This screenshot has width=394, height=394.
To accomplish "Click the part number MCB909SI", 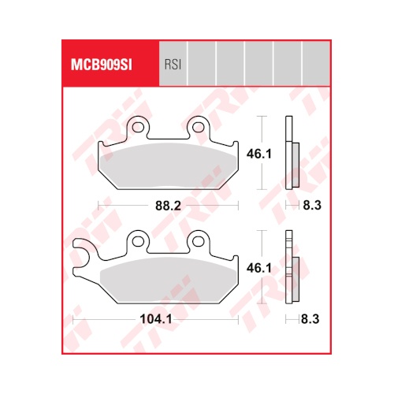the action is click(102, 65).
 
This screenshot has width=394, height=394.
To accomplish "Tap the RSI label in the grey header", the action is click(173, 65).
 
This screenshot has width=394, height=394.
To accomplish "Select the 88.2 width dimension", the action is click(168, 206).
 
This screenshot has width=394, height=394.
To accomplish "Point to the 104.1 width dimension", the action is click(156, 319).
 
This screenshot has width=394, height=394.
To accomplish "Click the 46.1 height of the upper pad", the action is click(259, 154).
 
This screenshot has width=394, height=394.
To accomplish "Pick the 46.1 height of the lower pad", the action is click(259, 268).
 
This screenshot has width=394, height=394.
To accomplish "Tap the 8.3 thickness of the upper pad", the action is click(312, 206).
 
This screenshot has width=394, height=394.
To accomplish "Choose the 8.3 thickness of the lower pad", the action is click(310, 319).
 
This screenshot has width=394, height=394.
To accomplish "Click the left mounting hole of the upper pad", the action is click(138, 128).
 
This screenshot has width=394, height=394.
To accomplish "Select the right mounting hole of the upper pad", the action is click(198, 128).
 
